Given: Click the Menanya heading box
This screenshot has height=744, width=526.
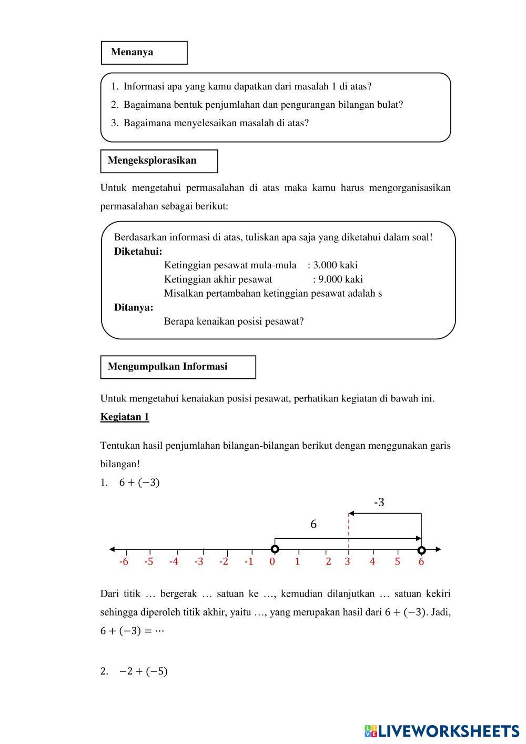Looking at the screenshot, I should pyautogui.click(x=144, y=53).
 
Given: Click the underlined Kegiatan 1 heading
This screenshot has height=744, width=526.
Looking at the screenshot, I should pyautogui.click(x=125, y=417).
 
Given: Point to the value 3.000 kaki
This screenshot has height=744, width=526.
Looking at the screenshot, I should pyautogui.click(x=336, y=265).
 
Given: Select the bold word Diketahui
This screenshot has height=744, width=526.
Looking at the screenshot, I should pyautogui.click(x=138, y=252).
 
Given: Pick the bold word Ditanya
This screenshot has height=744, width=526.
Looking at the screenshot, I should pyautogui.click(x=134, y=308).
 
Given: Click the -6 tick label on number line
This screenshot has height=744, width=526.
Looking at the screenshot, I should pyautogui.click(x=124, y=561).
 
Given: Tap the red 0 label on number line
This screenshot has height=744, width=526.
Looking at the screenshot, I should pyautogui.click(x=272, y=561).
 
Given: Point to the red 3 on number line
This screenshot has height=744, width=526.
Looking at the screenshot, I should pyautogui.click(x=347, y=561).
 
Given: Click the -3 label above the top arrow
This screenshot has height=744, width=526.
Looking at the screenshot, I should pyautogui.click(x=379, y=503).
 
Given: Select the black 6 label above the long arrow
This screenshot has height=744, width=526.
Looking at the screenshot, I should pyautogui.click(x=313, y=525).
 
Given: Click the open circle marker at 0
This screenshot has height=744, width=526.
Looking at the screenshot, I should pyautogui.click(x=275, y=549).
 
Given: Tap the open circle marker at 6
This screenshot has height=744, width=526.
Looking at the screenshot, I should pyautogui.click(x=421, y=550).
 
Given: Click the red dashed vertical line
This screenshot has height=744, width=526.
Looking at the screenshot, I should pyautogui.click(x=348, y=531).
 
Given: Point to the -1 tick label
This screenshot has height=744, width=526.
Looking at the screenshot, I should pyautogui.click(x=248, y=561).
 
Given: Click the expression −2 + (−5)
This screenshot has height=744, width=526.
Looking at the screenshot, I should pyautogui.click(x=143, y=671).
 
